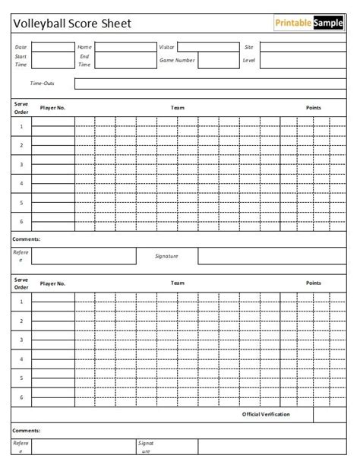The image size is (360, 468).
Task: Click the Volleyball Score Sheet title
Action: [73, 24]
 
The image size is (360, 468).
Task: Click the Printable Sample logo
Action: [308, 23]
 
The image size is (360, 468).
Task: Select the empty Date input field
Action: [52, 46]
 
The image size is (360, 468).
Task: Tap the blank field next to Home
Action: [118, 46]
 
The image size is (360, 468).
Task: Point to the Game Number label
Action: [177, 59]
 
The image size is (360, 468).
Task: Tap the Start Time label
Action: [21, 60]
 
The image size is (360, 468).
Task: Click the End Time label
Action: [84, 60]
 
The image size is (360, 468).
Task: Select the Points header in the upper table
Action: [314, 108]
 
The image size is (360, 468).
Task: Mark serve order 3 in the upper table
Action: [21, 164]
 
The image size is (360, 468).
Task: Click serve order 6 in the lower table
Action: [21, 397]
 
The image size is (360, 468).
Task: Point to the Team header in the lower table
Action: [178, 283]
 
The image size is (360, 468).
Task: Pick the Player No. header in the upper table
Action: [53, 108]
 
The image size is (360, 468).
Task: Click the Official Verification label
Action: [266, 414]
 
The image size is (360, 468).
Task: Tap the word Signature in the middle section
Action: [166, 256]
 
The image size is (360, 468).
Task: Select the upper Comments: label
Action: [27, 239]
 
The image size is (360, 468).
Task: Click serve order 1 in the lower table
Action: [21, 302]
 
